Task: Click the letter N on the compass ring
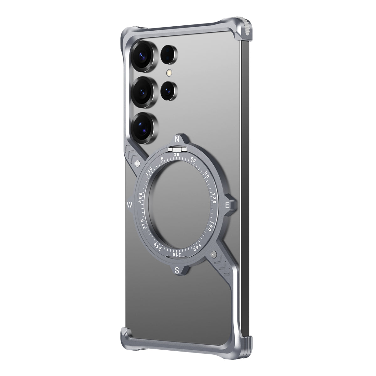click(177, 139)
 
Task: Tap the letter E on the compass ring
click(228, 205)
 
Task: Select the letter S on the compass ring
click(177, 271)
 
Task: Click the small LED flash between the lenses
click(170, 73)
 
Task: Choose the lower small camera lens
click(169, 91)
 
